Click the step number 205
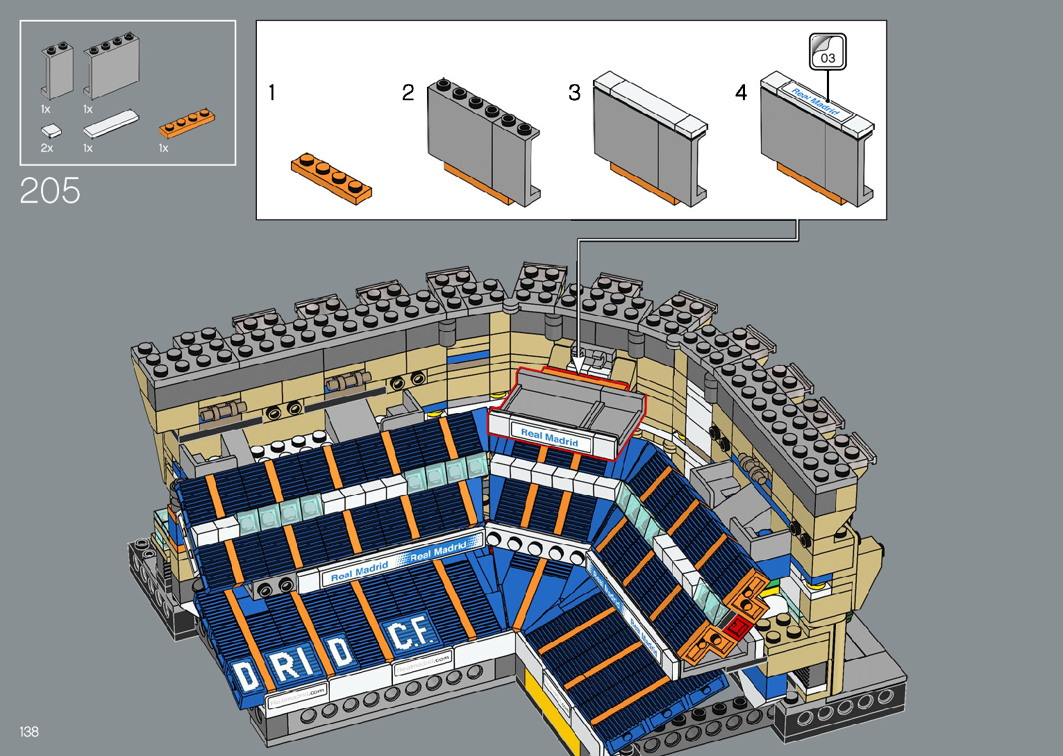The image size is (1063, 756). pyautogui.click(x=50, y=191)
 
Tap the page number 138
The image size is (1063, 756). pyautogui.click(x=29, y=732)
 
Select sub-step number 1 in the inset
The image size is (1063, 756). pyautogui.click(x=272, y=92)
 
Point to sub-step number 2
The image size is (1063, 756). pyautogui.click(x=408, y=92)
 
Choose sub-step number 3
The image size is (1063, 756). pyautogui.click(x=574, y=92)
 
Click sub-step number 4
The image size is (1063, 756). pyautogui.click(x=742, y=92)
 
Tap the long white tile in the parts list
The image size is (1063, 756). pyautogui.click(x=110, y=123)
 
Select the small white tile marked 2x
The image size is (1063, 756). pyautogui.click(x=51, y=130)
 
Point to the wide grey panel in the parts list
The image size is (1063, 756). pyautogui.click(x=111, y=66)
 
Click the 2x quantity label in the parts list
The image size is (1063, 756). pyautogui.click(x=47, y=149)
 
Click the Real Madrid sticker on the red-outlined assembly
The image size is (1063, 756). pyautogui.click(x=549, y=437)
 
